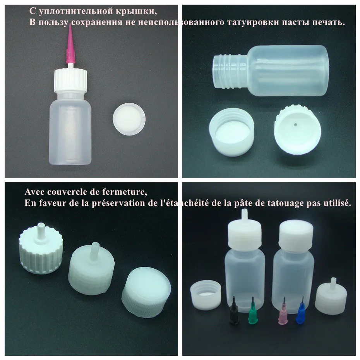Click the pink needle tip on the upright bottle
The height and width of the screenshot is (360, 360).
pos(70,45)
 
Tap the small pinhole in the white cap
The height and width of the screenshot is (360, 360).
pos(296,125)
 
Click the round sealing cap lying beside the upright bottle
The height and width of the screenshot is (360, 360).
pos(129,118)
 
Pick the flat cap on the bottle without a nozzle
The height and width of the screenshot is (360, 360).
pos(296,237)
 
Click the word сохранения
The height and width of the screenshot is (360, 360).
pos(97,22)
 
